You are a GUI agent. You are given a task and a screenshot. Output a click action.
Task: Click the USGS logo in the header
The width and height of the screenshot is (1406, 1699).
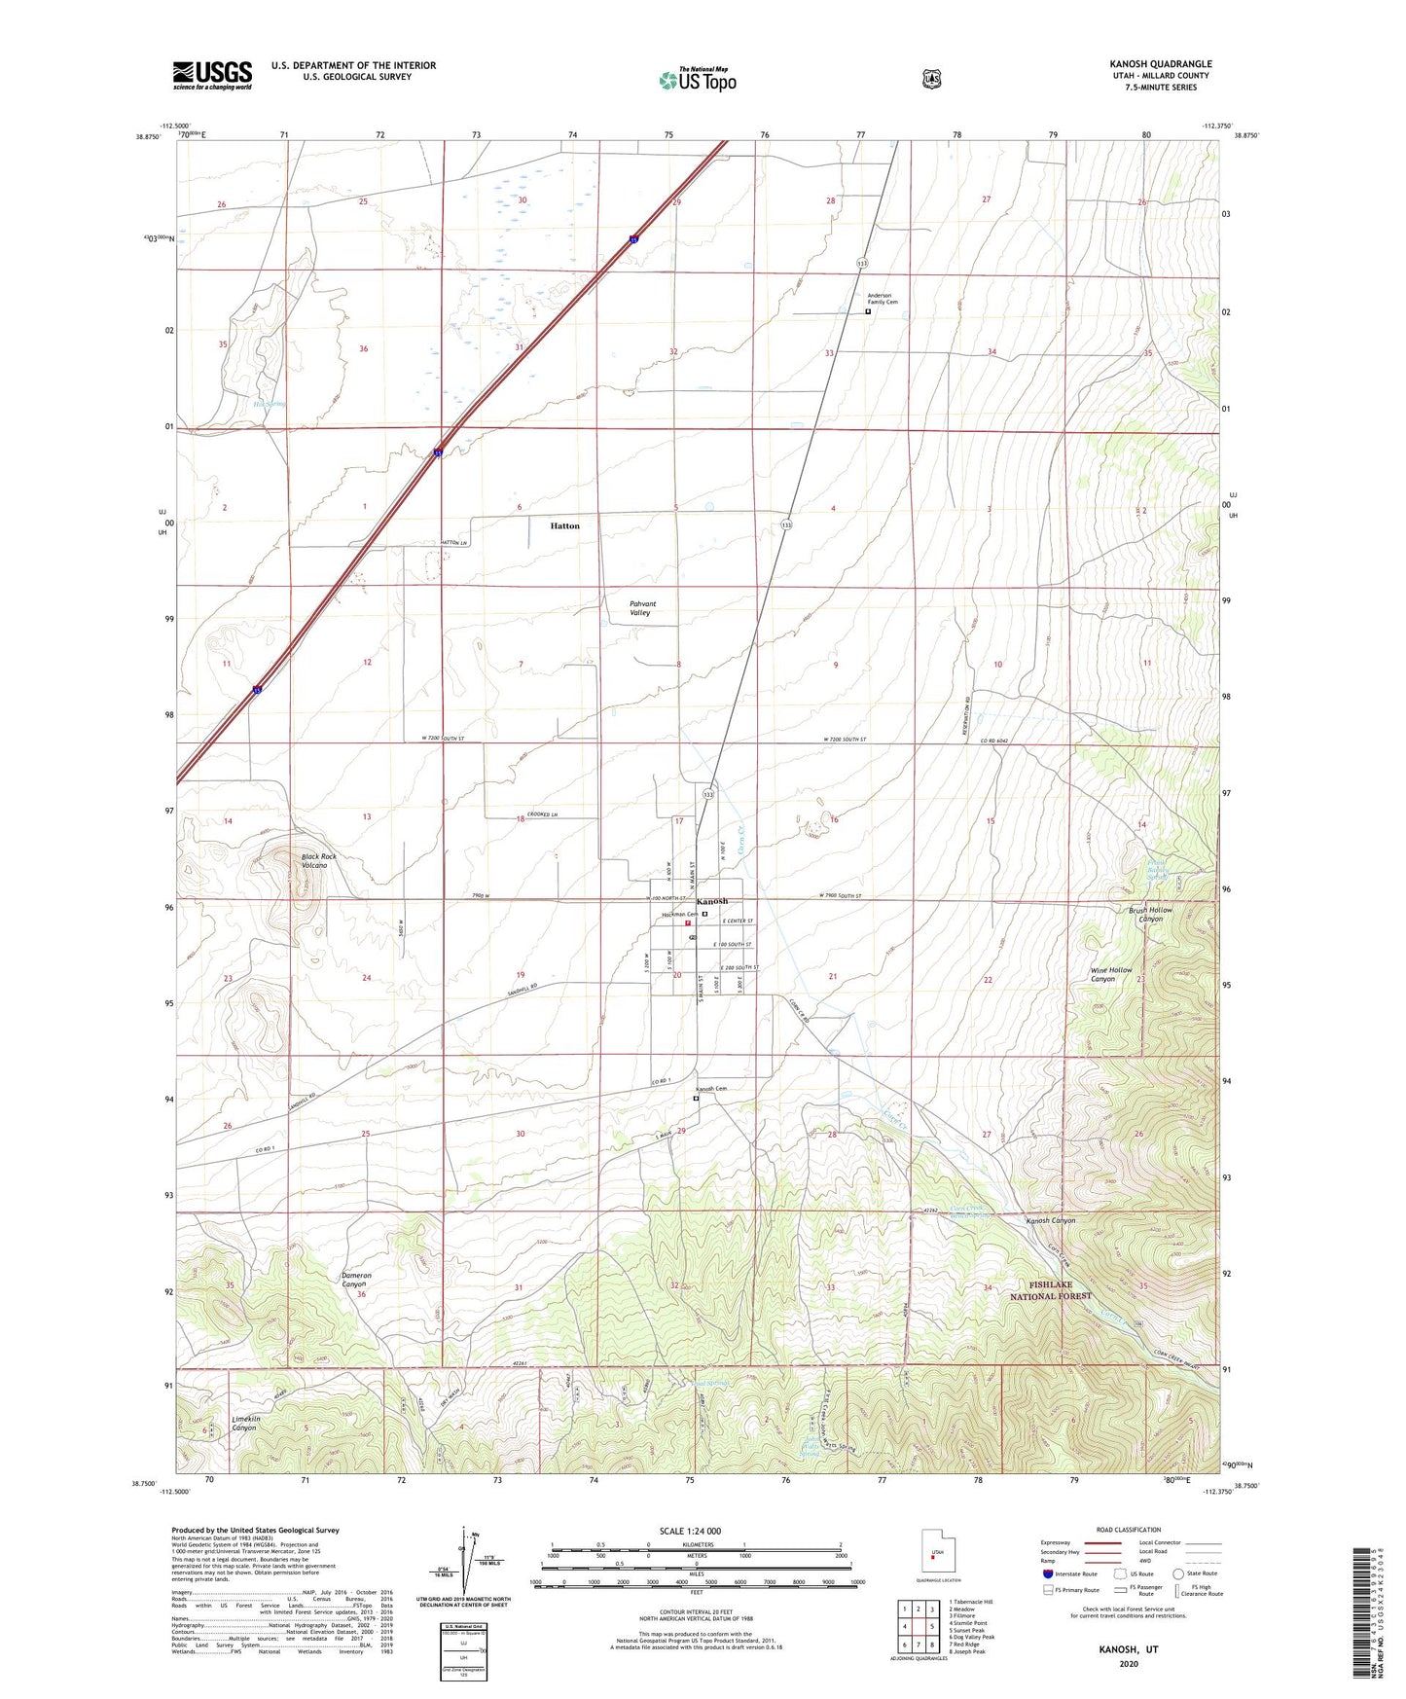click(x=212, y=75)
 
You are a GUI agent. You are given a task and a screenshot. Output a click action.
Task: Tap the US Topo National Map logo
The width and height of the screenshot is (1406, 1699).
click(x=697, y=80)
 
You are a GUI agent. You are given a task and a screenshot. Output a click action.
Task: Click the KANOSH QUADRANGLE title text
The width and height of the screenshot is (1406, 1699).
click(x=1160, y=64)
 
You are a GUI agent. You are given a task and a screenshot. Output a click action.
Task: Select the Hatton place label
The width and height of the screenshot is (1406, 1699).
click(x=564, y=525)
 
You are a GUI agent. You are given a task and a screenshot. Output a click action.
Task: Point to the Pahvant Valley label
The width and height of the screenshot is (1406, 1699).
click(x=639, y=608)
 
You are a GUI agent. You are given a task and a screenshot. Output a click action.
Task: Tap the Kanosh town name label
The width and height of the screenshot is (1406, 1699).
click(x=711, y=901)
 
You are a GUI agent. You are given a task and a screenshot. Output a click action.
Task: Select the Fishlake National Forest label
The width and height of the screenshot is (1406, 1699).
click(x=1050, y=1291)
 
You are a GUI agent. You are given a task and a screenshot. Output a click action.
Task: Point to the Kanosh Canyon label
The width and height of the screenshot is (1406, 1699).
click(x=1051, y=1220)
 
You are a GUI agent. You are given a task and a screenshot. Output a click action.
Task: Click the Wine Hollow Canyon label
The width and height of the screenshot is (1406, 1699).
click(x=1110, y=974)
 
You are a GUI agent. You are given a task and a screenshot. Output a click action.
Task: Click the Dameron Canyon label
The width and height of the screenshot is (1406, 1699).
click(x=356, y=1280)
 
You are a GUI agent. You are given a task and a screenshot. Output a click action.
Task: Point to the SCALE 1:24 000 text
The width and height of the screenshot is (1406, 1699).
click(x=690, y=1531)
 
